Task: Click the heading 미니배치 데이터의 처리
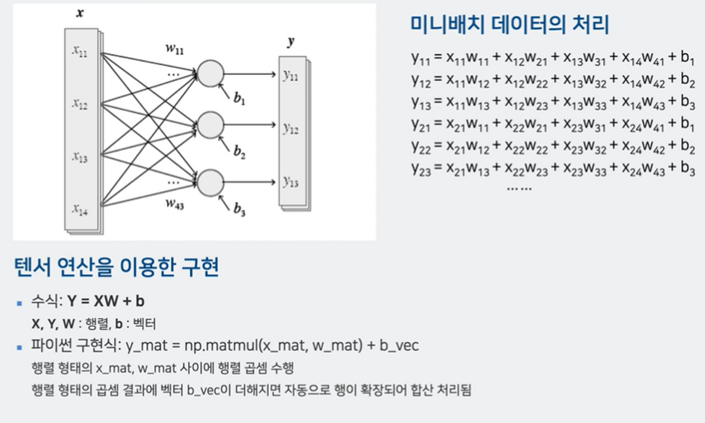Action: point(509,25)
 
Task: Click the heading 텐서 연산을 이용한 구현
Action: point(116,267)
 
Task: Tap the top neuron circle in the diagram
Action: point(210,74)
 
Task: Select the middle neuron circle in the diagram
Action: point(210,125)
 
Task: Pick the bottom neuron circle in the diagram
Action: point(210,182)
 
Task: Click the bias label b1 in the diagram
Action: point(239,98)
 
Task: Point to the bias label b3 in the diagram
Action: point(239,209)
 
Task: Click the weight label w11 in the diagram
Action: point(175,49)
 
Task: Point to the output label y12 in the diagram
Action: point(291,129)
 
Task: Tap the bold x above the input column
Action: point(80,13)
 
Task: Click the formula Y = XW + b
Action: point(106,301)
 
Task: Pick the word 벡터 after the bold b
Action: point(144,324)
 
